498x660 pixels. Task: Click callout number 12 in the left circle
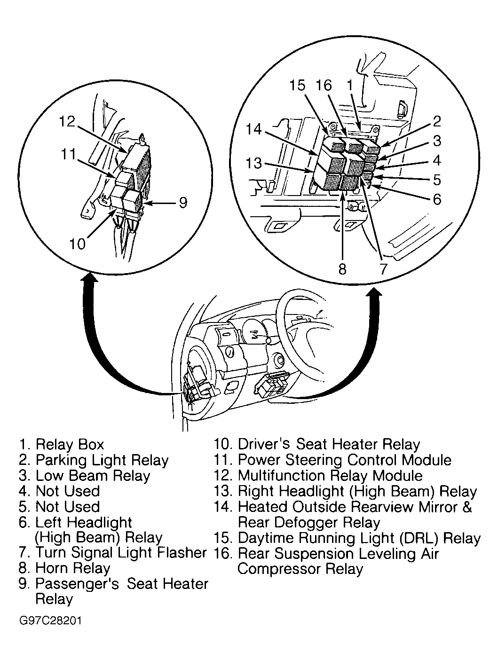click(68, 122)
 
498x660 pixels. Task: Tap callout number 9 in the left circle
click(183, 202)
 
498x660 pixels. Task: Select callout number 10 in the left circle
click(78, 244)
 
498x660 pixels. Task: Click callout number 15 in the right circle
click(297, 86)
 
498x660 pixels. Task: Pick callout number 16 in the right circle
click(324, 86)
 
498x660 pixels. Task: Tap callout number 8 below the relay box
click(342, 268)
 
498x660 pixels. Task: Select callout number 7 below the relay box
click(383, 268)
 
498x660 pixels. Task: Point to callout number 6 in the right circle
click(437, 199)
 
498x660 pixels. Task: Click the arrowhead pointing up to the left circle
click(90, 281)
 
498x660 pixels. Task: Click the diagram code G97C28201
click(51, 621)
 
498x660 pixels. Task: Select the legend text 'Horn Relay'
click(73, 568)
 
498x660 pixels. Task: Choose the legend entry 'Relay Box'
click(70, 444)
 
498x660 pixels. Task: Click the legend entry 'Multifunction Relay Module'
click(330, 476)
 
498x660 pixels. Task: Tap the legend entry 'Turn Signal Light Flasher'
click(121, 553)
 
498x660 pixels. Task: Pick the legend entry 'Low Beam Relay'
click(93, 476)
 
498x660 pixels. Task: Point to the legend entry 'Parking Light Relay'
click(102, 460)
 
